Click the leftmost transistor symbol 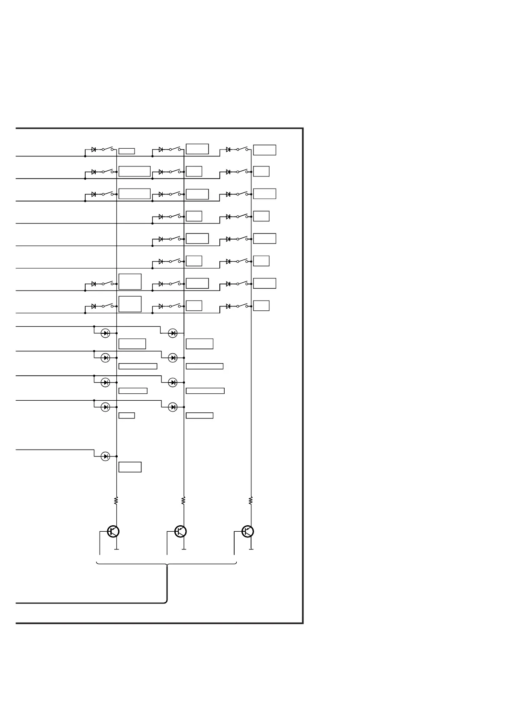113,531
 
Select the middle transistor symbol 180,531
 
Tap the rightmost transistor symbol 248,531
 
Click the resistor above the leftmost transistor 116,501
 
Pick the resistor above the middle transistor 184,501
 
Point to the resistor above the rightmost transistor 251,501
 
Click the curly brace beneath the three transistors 167,564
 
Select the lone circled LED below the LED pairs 105,456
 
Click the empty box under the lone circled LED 130,467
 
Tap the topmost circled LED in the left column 105,333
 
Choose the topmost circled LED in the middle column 173,333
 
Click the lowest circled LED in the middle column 173,407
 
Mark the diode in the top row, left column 93,150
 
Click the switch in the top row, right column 242,149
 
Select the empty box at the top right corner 264,150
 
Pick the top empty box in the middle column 197,149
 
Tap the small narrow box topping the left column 126,151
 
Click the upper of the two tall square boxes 130,281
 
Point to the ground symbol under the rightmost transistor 251,549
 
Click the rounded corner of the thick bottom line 166,601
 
